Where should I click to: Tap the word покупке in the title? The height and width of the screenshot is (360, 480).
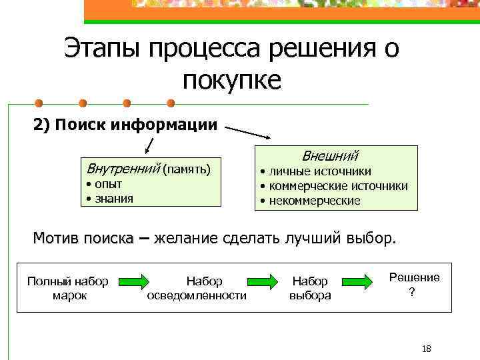click(x=232, y=81)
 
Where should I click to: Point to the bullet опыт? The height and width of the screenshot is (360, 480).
click(x=107, y=184)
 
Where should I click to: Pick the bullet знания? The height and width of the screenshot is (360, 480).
click(x=113, y=198)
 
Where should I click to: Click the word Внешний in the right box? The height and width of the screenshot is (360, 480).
click(x=330, y=157)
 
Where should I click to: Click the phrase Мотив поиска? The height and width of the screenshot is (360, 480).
click(x=83, y=239)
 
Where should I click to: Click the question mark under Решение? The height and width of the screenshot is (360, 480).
click(x=412, y=292)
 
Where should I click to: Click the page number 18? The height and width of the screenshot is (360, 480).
click(x=427, y=349)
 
